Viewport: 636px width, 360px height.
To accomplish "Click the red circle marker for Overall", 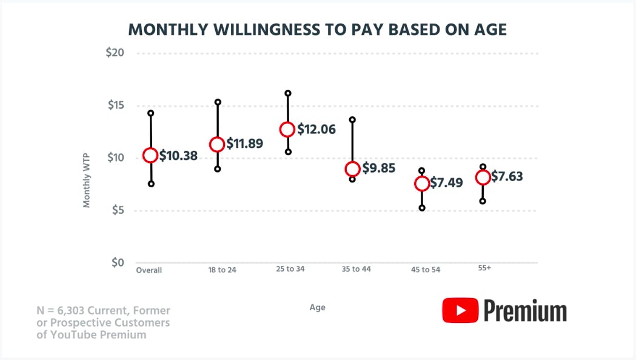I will tap(150, 156).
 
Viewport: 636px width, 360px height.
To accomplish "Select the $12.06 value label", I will tap(316, 129).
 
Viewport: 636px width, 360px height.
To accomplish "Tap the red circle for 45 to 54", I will tap(422, 184).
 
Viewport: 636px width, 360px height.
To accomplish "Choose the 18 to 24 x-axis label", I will tap(222, 270).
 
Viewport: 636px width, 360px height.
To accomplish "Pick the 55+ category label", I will tap(484, 267).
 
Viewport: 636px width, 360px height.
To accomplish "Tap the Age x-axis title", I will tap(317, 307).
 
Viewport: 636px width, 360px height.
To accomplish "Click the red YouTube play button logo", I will tap(460, 310).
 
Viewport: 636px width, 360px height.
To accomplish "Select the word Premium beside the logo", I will tap(525, 311).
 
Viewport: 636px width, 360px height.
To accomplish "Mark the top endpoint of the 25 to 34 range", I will tap(288, 93).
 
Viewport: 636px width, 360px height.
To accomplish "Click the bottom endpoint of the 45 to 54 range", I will tap(422, 208).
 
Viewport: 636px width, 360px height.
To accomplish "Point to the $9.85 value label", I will tap(379, 168).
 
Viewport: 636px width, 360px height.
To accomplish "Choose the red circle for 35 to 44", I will tap(352, 169).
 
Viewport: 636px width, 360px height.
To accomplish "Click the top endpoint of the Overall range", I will tap(150, 113).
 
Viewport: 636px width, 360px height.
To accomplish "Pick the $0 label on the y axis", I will tap(117, 263).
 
